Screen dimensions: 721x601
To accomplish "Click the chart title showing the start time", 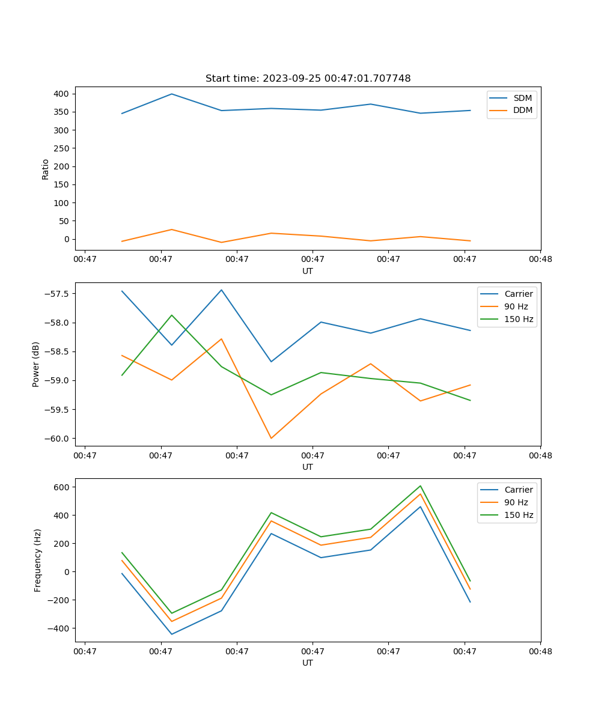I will (x=308, y=79).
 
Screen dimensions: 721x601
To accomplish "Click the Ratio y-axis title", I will (x=45, y=169).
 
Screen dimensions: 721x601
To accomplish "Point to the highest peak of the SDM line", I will (x=172, y=94).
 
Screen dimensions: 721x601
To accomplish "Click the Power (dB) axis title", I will (x=36, y=364).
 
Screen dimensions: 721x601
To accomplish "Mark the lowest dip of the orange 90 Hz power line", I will (x=271, y=438).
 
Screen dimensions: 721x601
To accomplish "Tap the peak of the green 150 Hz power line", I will (x=172, y=315).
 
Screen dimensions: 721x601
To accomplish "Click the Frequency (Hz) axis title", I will (x=37, y=560).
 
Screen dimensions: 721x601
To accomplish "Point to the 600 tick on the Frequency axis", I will (x=62, y=487).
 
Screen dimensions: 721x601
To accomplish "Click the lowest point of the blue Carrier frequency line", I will (x=172, y=634).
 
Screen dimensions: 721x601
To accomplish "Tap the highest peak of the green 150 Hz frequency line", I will (x=420, y=486).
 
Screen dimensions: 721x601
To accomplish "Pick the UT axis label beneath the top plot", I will (x=308, y=271).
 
